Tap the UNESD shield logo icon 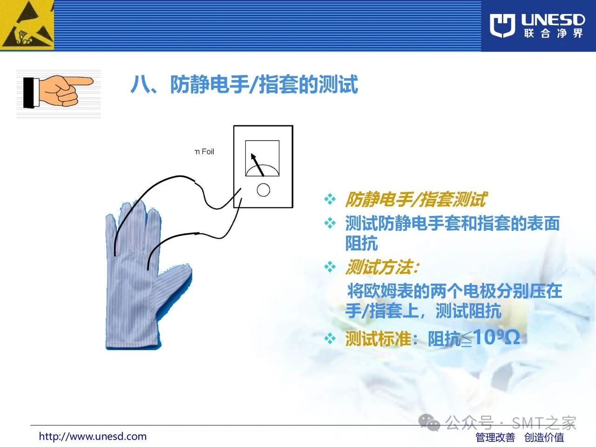click(x=502, y=26)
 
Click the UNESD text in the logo click(x=553, y=20)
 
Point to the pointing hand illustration click(x=58, y=92)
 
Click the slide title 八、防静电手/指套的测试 click(x=244, y=84)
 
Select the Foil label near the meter click(x=204, y=151)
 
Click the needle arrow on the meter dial click(x=257, y=164)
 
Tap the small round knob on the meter click(x=263, y=190)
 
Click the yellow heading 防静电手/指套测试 click(x=416, y=199)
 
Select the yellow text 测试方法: click(x=382, y=267)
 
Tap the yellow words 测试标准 click(x=378, y=339)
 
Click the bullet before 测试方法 click(x=330, y=267)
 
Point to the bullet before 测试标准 click(x=330, y=339)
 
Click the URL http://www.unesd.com click(x=93, y=436)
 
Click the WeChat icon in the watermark click(x=429, y=422)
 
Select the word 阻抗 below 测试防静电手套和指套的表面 click(x=361, y=243)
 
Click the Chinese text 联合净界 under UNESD click(x=553, y=34)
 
